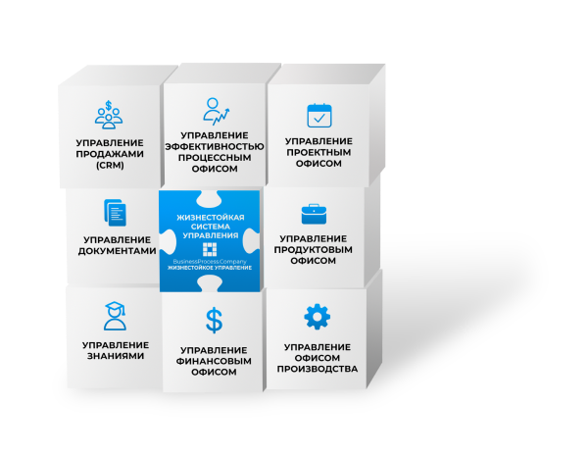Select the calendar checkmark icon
click(x=319, y=115)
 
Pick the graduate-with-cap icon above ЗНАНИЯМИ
click(x=115, y=315)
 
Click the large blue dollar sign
click(x=214, y=320)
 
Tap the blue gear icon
click(x=317, y=317)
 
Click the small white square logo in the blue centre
click(x=210, y=250)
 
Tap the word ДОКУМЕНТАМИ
click(x=117, y=251)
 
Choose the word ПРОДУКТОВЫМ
click(x=314, y=249)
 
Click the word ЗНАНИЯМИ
click(x=116, y=356)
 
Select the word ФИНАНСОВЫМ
click(x=214, y=361)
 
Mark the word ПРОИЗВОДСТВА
click(x=317, y=370)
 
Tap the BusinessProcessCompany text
click(x=210, y=261)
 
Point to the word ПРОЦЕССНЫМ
click(x=216, y=159)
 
